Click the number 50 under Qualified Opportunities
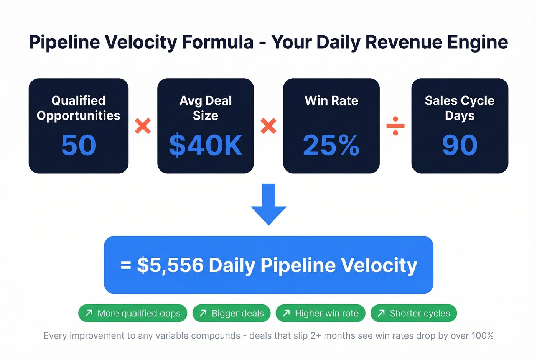79,145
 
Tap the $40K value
206,145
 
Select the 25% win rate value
331,145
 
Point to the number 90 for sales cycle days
460,145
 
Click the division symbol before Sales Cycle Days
395,126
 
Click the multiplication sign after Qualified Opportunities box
143,126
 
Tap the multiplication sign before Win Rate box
268,126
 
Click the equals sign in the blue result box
126,265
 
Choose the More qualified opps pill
133,313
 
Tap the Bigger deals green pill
231,313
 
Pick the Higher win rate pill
320,313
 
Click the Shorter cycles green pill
413,313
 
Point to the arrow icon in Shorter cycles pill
381,313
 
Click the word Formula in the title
217,42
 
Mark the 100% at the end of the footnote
482,335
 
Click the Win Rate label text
331,100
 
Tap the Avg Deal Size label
206,108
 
